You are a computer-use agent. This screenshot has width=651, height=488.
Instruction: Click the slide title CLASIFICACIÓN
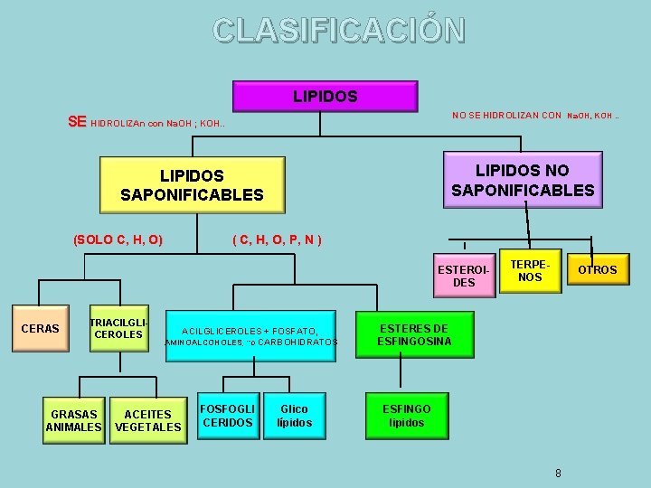[339, 30]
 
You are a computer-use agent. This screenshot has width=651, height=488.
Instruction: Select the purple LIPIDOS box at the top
[325, 96]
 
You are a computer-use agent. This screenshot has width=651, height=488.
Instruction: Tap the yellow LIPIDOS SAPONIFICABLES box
[192, 185]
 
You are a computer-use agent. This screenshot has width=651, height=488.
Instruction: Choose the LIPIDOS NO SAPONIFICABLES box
[522, 180]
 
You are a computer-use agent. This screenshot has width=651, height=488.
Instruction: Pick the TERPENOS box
[530, 270]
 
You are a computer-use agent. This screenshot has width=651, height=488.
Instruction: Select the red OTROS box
[597, 269]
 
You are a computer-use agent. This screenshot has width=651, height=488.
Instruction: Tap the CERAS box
[40, 328]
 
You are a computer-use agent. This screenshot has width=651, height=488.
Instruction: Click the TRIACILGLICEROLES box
[118, 328]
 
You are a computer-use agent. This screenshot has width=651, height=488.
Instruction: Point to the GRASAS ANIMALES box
[74, 420]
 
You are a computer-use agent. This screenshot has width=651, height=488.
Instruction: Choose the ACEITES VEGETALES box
[147, 420]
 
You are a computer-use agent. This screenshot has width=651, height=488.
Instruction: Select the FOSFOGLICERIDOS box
[228, 416]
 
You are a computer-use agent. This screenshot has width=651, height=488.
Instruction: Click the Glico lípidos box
[294, 416]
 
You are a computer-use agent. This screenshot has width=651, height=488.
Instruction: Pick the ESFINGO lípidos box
[406, 416]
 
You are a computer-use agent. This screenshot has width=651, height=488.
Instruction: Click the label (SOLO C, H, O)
[118, 239]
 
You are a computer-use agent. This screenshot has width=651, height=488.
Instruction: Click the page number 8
[558, 473]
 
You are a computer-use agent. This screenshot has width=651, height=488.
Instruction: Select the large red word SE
[78, 121]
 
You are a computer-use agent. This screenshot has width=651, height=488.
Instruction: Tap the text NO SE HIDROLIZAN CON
[506, 115]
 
